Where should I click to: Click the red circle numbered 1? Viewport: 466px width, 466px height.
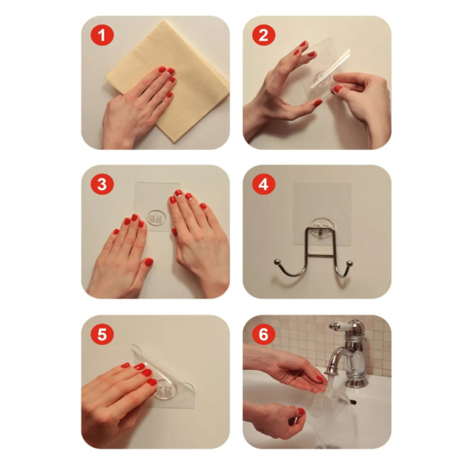click(101, 35)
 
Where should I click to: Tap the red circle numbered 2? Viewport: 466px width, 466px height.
click(263, 35)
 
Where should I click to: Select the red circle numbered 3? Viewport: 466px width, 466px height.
click(101, 184)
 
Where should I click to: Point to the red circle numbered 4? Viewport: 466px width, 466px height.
click(263, 184)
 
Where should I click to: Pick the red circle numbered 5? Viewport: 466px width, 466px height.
click(101, 334)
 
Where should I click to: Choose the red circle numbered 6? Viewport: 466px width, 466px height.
click(263, 334)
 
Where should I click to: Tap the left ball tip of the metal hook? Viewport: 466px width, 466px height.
click(277, 262)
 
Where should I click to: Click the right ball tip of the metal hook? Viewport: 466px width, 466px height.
click(349, 263)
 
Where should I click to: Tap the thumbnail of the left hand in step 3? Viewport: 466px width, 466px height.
click(148, 262)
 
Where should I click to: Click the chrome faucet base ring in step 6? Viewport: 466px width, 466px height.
click(356, 381)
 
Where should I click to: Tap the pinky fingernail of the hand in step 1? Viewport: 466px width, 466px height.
click(169, 95)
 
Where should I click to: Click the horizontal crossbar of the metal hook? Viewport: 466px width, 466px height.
click(321, 255)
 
